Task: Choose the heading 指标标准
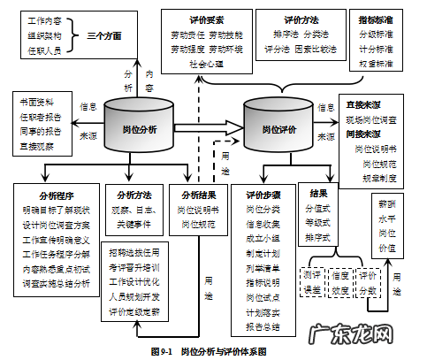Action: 377,18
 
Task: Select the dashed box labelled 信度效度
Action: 340,282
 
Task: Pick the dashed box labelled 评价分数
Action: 369,282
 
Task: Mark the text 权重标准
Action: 377,65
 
